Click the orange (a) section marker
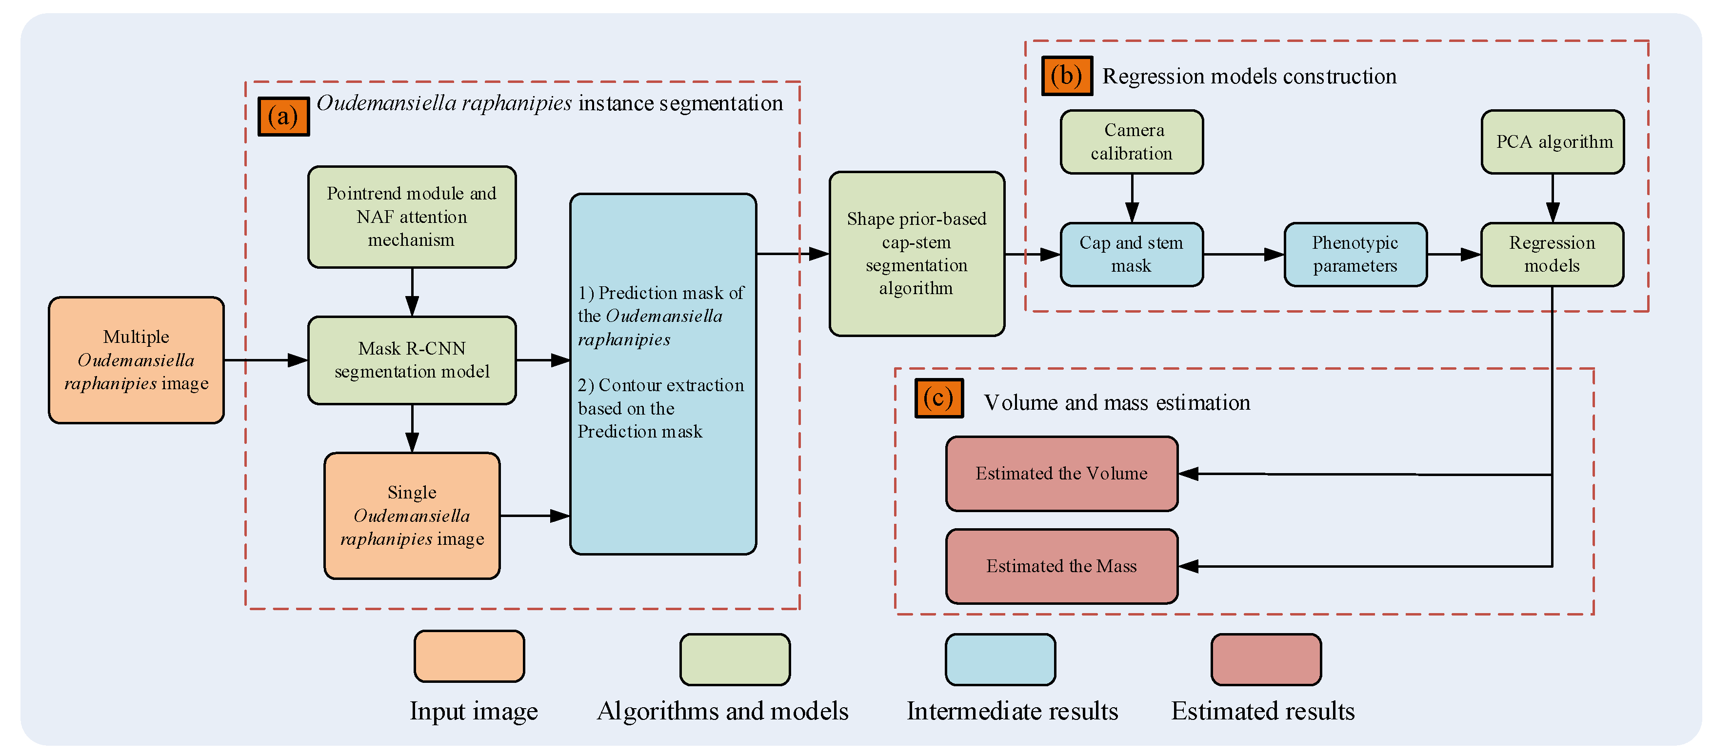click(283, 117)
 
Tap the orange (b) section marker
click(1066, 76)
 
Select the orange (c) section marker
click(938, 398)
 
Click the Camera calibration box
click(1131, 141)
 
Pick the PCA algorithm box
click(1552, 141)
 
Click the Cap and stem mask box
click(1131, 254)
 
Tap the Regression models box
click(1552, 254)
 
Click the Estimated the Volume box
click(1061, 474)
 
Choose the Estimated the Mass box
click(1061, 566)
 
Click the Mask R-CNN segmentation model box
click(412, 360)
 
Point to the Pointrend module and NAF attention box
click(412, 217)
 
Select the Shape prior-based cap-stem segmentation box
click(916, 253)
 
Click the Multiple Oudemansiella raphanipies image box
click(136, 360)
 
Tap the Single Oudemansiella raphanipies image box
click(412, 516)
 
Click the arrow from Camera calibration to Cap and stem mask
click(1131, 198)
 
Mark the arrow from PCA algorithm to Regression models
click(1552, 198)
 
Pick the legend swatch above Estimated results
click(1265, 659)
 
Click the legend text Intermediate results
click(1012, 711)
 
